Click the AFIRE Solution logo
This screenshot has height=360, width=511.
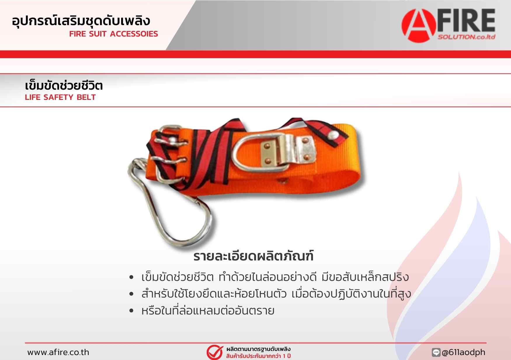[448, 25]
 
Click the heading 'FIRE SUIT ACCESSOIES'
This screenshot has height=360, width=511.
[114, 34]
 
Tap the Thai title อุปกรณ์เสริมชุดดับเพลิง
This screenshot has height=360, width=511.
[81, 21]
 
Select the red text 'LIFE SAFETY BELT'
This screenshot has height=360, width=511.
[60, 97]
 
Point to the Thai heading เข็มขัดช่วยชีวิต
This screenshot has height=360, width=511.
[64, 86]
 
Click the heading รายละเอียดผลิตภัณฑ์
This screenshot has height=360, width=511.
[253, 256]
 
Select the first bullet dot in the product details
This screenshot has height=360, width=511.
[131, 277]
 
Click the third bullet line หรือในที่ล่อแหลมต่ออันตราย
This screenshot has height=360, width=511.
[208, 311]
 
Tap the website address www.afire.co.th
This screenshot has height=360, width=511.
[58, 352]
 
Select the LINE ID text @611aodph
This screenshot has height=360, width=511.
[464, 352]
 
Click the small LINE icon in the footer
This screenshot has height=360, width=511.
[436, 352]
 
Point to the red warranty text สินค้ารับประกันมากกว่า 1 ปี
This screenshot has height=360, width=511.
[258, 356]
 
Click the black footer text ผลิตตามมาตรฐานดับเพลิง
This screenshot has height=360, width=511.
[258, 349]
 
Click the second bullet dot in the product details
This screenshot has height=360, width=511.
[131, 294]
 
